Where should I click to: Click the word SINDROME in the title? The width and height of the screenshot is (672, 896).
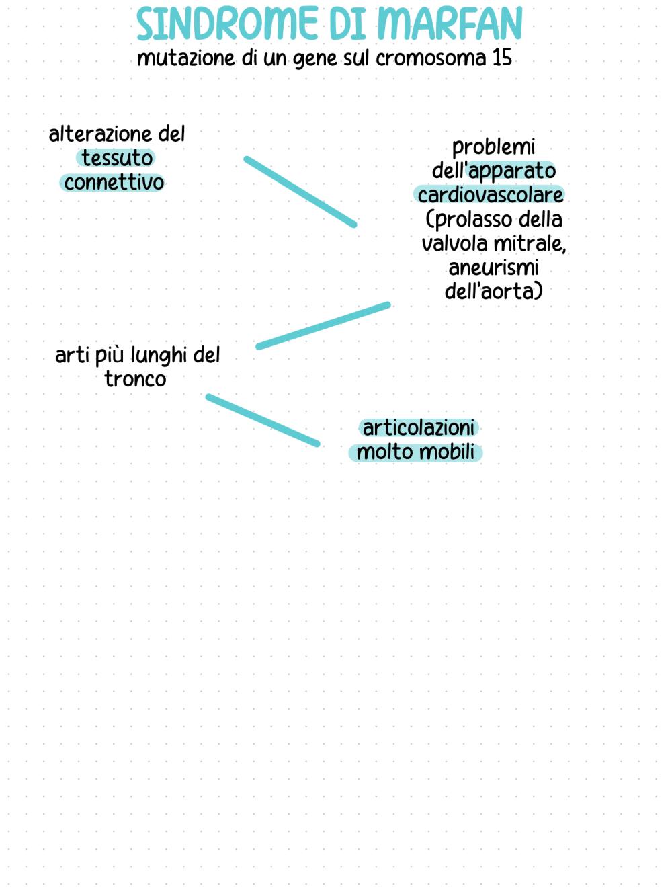click(x=227, y=24)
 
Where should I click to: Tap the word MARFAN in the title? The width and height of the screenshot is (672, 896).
click(x=450, y=24)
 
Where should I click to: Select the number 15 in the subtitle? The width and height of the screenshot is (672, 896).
click(x=502, y=58)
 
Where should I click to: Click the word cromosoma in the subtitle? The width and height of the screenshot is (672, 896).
click(x=431, y=58)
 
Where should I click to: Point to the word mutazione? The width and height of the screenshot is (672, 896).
click(x=185, y=58)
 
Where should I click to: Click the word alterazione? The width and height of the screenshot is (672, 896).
click(x=100, y=134)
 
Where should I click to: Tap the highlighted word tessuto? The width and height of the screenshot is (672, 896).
click(x=117, y=159)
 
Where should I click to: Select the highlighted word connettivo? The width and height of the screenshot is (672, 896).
click(x=114, y=182)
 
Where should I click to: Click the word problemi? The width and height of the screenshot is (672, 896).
click(x=493, y=147)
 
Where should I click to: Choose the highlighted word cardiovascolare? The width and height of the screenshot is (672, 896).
click(x=490, y=195)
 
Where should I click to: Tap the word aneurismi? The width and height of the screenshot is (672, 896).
click(x=493, y=268)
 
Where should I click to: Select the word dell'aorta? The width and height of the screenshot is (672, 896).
click(x=494, y=292)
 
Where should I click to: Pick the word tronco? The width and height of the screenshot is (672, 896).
click(x=136, y=380)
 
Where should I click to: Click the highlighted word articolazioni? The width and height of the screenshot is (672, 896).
click(x=418, y=428)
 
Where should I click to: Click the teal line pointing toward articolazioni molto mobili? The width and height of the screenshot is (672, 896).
click(x=263, y=420)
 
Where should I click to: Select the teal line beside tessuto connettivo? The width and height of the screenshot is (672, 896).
click(x=300, y=192)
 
